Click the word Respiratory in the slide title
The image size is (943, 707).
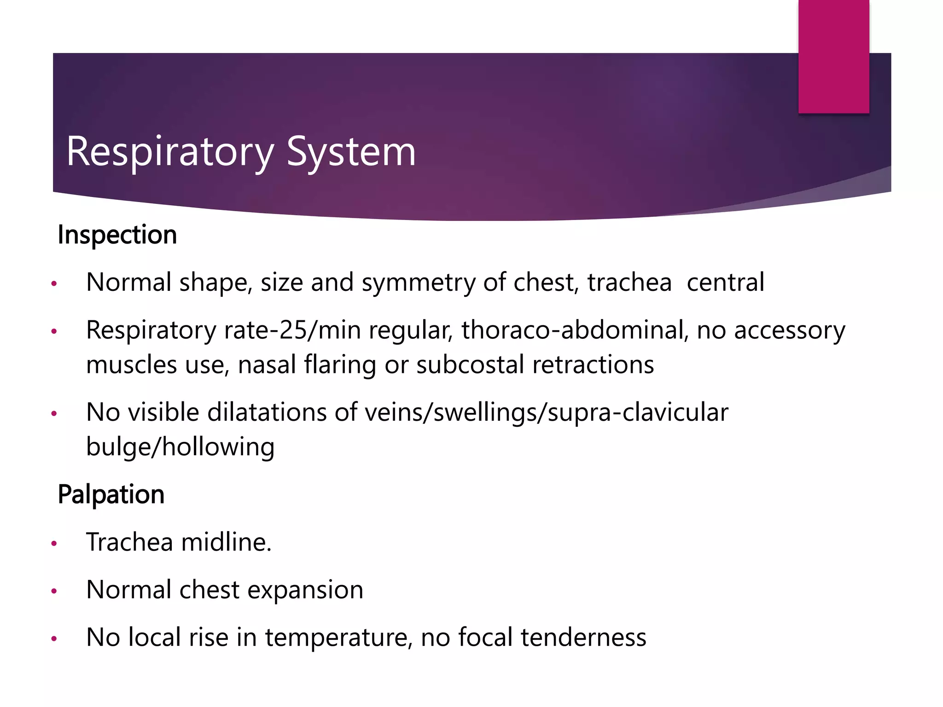pos(170,152)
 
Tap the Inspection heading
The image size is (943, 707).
pos(117,235)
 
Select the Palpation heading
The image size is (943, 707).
pos(111,495)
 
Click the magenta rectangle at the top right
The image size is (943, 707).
pos(833,56)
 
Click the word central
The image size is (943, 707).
pos(725,283)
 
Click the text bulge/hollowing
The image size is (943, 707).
pos(180,447)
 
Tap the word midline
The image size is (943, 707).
pos(226,542)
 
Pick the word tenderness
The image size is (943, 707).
pos(583,638)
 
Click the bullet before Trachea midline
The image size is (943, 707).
pos(54,544)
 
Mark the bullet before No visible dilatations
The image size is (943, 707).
pos(54,413)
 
